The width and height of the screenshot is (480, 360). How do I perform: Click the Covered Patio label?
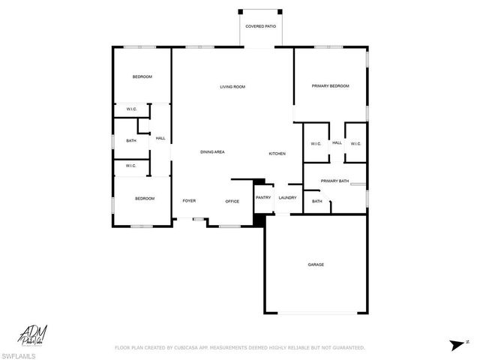pos(261,27)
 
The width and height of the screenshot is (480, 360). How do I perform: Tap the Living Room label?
pos(232,87)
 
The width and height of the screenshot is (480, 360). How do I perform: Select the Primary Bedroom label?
pos(331,86)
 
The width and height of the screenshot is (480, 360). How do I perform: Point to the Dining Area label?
pos(212,152)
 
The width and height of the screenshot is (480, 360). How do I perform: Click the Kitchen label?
pos(277,154)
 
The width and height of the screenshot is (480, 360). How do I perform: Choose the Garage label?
pos(316,264)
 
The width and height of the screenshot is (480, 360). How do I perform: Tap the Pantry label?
pos(263,198)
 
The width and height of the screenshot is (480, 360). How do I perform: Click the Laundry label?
pos(288,198)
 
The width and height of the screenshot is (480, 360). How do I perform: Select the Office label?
pos(232,201)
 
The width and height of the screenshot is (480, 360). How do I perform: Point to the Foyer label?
pos(189,201)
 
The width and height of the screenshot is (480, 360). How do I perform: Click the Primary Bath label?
pos(334,181)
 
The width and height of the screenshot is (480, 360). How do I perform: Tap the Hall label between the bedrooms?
pos(160,139)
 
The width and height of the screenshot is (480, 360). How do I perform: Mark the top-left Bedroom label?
pos(142,76)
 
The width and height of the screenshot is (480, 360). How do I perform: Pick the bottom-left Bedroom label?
pos(145,198)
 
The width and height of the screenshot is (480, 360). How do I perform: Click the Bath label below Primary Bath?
pos(317,201)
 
